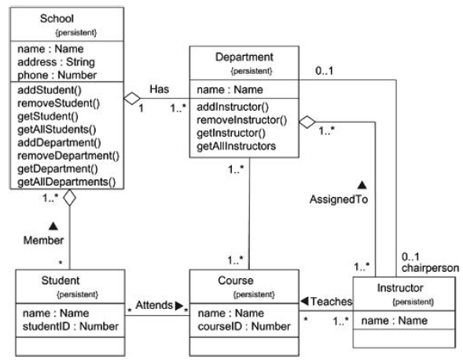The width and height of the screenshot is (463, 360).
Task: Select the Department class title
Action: (x=244, y=57)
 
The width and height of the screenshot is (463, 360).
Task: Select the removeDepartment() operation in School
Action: (x=68, y=156)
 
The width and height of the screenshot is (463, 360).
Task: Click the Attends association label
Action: (x=153, y=303)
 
